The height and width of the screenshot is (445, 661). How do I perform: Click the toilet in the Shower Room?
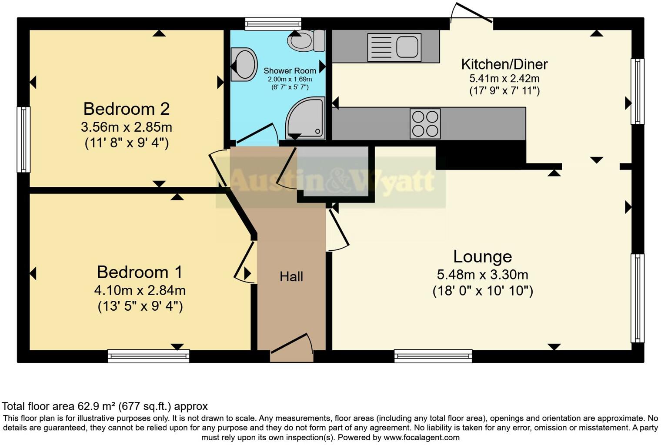[306, 41]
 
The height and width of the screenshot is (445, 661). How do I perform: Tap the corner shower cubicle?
[306, 118]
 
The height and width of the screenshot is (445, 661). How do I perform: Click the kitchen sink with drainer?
[394, 47]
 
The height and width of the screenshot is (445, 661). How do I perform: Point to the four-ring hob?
[425, 124]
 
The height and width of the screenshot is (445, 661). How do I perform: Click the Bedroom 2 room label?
[126, 109]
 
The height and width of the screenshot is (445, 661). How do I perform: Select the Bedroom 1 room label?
[140, 272]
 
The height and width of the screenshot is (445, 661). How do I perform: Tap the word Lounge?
[482, 256]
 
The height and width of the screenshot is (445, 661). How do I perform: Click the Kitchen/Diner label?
[504, 64]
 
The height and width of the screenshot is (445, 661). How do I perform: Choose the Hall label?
[291, 276]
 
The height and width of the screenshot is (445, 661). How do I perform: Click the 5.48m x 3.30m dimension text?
[482, 275]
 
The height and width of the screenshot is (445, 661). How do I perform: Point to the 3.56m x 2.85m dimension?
[126, 127]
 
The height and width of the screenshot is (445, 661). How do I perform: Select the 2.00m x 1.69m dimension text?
[290, 79]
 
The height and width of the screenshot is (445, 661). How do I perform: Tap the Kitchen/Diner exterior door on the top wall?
[471, 16]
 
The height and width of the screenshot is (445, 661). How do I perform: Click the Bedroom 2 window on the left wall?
[23, 139]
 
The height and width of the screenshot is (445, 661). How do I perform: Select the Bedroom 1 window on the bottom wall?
[149, 356]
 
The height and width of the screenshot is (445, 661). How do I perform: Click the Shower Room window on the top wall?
[273, 23]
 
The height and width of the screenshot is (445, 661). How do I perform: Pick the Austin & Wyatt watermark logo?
[331, 181]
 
